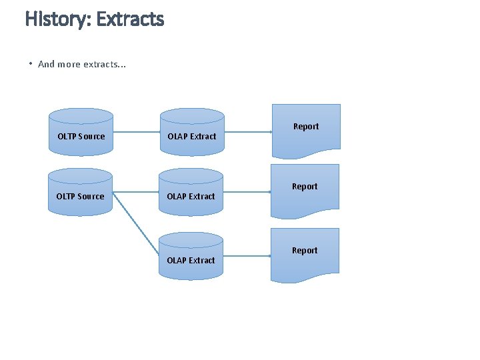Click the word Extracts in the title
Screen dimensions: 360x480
pyautogui.click(x=130, y=19)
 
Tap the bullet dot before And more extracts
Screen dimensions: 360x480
pyautogui.click(x=31, y=64)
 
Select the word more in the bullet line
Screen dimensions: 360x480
pyautogui.click(x=69, y=64)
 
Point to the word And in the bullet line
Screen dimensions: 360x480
pyautogui.click(x=47, y=64)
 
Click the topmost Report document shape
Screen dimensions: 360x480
pyautogui.click(x=306, y=130)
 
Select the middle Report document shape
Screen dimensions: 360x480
pyautogui.click(x=305, y=190)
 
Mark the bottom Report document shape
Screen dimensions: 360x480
pyautogui.click(x=305, y=254)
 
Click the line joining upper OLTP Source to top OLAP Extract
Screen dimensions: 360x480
pyautogui.click(x=136, y=132)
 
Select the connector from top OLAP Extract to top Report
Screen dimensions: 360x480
pyautogui.click(x=247, y=132)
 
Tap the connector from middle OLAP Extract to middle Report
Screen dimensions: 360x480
pyautogui.click(x=247, y=192)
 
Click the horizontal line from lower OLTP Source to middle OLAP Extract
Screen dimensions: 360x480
pyautogui.click(x=136, y=192)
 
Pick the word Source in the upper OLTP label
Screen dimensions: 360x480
pyautogui.click(x=91, y=136)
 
